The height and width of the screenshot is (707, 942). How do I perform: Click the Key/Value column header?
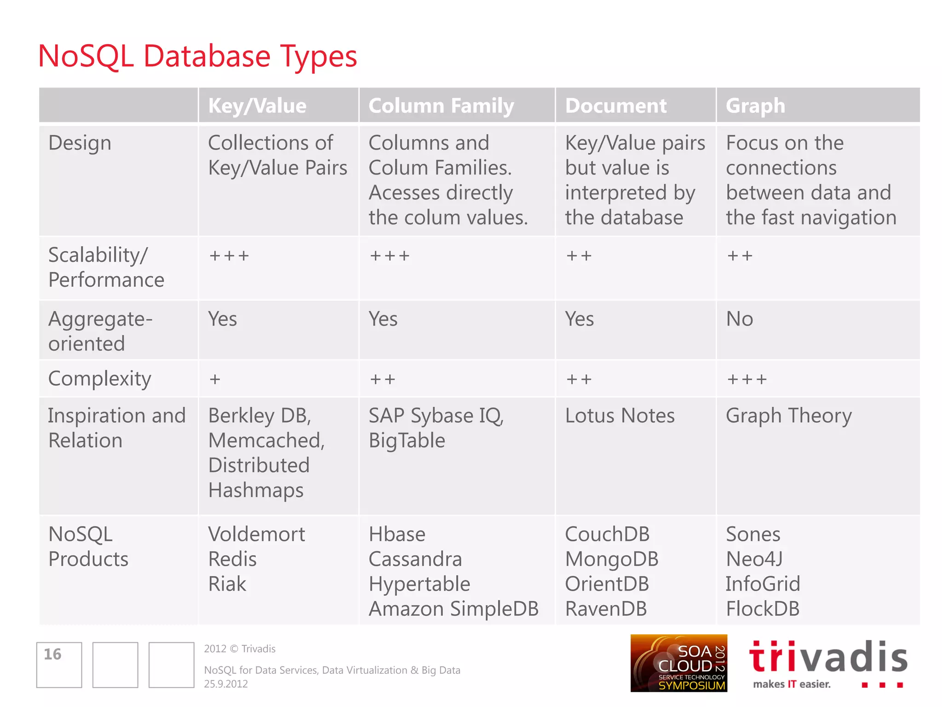(x=257, y=106)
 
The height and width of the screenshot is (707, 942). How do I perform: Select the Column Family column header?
(x=441, y=106)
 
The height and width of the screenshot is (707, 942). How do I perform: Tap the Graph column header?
(x=755, y=106)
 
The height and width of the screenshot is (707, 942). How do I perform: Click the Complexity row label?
(x=100, y=379)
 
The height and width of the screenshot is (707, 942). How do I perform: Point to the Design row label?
(x=80, y=143)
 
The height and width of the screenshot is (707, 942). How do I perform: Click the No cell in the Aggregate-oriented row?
(x=740, y=319)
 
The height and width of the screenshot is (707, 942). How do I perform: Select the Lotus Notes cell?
(x=620, y=416)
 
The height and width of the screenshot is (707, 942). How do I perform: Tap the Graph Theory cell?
(x=789, y=416)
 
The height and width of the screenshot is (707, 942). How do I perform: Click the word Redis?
(x=232, y=559)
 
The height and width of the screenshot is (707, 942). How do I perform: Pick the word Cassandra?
(x=415, y=559)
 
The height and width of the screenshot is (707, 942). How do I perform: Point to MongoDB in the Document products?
(x=612, y=559)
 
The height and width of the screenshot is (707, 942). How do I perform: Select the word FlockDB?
(x=763, y=609)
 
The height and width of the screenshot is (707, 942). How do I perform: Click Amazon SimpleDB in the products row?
(x=454, y=609)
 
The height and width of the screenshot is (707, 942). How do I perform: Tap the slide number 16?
(x=53, y=654)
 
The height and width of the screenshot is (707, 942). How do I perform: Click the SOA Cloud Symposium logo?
(x=678, y=663)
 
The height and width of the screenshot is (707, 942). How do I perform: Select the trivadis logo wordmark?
(x=828, y=657)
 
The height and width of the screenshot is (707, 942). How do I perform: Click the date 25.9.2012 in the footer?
(x=226, y=684)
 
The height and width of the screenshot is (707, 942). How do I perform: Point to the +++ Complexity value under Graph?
(x=747, y=379)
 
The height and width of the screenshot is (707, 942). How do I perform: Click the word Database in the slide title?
(x=207, y=56)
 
